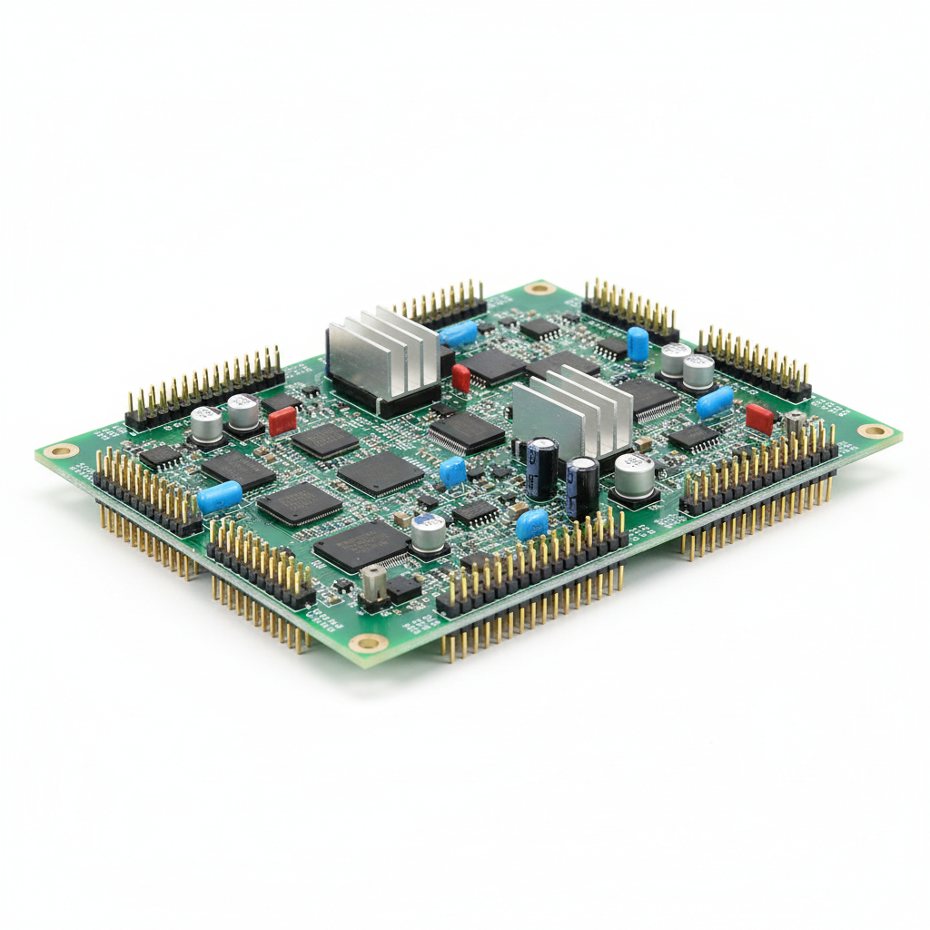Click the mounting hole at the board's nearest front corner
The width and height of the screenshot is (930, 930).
(369, 643)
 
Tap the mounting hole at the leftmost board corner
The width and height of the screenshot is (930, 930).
(62, 450)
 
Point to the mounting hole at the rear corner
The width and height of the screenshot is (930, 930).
(539, 289)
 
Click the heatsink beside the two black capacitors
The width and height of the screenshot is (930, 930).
(572, 413)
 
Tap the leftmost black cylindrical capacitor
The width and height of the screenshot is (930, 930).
(543, 468)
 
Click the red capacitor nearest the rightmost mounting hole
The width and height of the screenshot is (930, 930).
(759, 419)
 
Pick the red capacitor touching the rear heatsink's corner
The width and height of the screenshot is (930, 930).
(461, 378)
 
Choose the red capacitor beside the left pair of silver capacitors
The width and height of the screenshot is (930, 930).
(282, 421)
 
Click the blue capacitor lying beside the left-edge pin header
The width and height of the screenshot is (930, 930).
(220, 497)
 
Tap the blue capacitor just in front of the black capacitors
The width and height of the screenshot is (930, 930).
(532, 524)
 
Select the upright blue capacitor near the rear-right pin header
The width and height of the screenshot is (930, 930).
(638, 344)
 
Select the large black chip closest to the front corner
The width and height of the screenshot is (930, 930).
(361, 545)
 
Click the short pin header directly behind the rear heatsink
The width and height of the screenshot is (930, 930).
(441, 305)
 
